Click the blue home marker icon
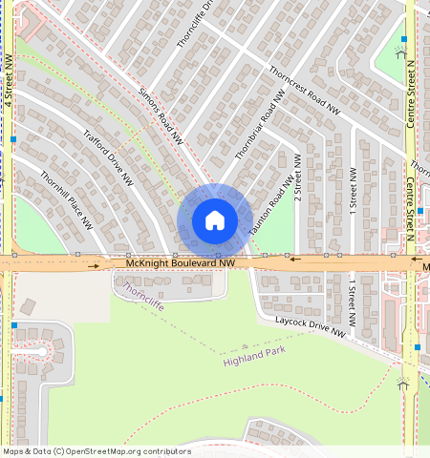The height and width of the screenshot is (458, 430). click(215, 220)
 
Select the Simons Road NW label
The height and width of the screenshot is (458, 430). click(160, 116)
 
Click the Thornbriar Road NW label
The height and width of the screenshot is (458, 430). click(261, 125)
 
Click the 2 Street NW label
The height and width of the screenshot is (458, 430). click(297, 177)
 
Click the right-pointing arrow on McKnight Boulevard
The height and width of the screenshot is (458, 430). click(94, 266)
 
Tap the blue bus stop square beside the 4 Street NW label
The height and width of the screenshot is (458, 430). click(13, 139)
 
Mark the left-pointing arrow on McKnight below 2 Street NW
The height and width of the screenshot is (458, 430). click(295, 258)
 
